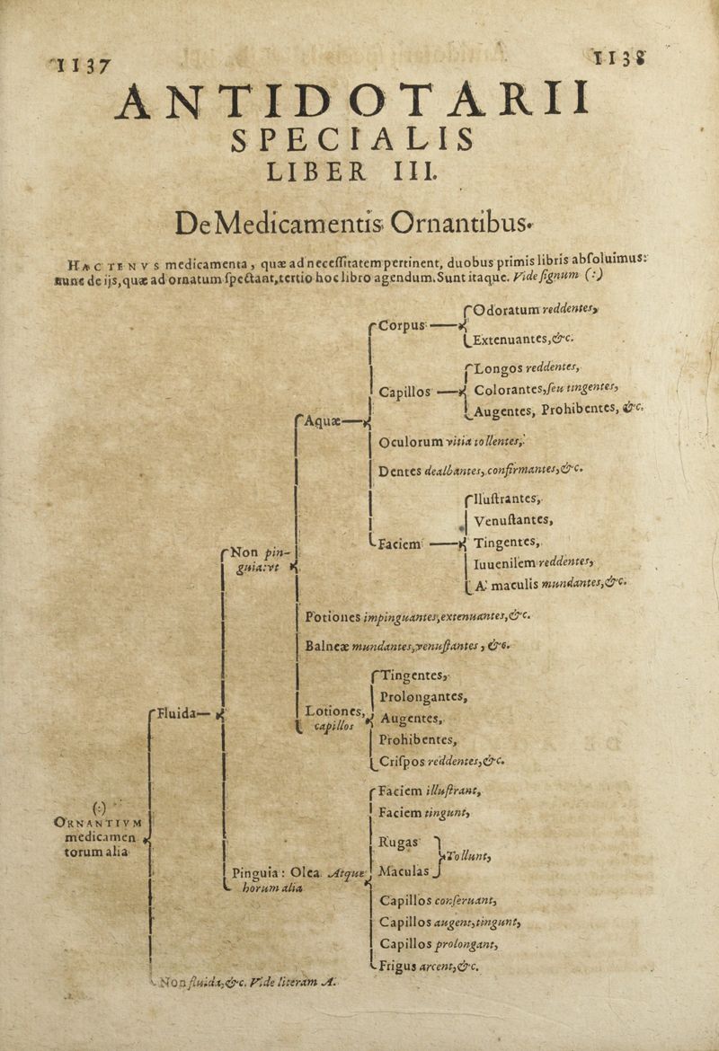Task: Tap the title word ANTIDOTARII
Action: (354, 102)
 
